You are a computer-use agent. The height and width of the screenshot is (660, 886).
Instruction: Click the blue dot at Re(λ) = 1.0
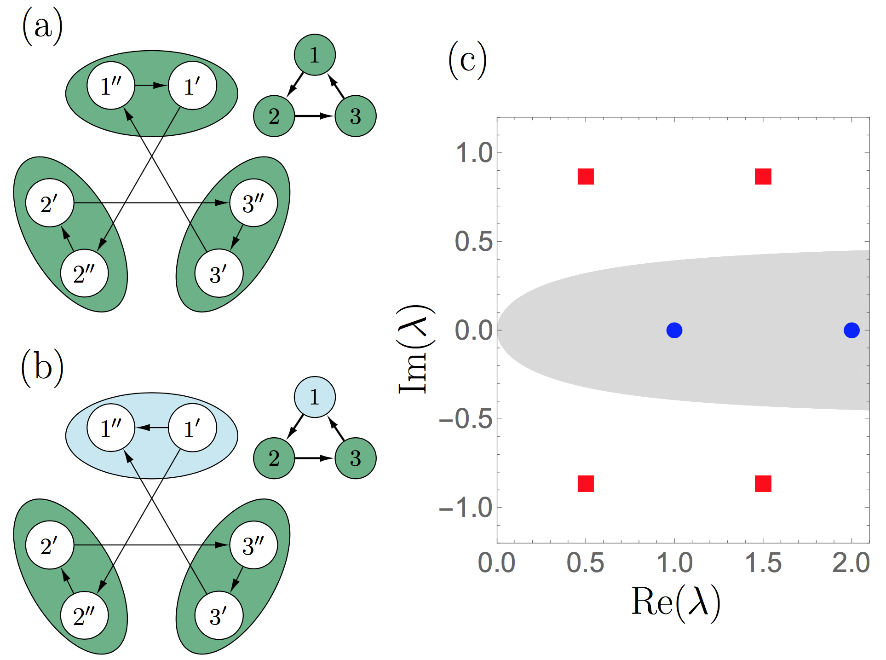[x=674, y=330]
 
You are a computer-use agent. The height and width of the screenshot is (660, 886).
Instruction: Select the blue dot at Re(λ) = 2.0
[x=851, y=330]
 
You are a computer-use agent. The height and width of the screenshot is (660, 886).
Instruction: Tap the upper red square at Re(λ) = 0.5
[x=586, y=176]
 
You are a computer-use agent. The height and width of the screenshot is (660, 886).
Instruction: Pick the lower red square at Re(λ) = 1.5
[x=763, y=484]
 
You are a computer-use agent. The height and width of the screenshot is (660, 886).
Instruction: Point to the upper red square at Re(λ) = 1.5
[x=763, y=176]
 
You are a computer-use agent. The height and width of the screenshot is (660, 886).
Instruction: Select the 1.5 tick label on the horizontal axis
[x=763, y=563]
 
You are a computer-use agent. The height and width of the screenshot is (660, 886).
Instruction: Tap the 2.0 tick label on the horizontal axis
[x=851, y=563]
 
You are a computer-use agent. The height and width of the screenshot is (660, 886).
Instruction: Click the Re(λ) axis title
[x=675, y=602]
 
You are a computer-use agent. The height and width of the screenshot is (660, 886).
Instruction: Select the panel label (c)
[x=467, y=60]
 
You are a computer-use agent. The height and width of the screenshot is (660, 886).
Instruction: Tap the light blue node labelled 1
[x=315, y=397]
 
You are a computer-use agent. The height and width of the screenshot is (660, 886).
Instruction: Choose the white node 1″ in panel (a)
[x=111, y=86]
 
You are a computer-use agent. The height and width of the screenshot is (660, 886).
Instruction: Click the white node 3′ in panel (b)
[x=219, y=616]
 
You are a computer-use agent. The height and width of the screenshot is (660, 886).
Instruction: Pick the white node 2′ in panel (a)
[x=50, y=203]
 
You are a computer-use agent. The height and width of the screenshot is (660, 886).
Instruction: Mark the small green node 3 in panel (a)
[x=356, y=116]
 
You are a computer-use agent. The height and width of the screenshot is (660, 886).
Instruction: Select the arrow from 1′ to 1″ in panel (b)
[x=152, y=428]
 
